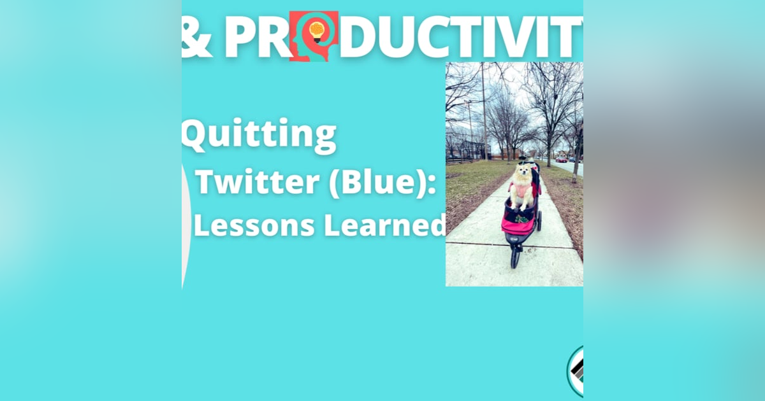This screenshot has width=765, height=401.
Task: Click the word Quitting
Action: (x=259, y=135)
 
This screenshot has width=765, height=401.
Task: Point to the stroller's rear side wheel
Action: (x=539, y=221)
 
